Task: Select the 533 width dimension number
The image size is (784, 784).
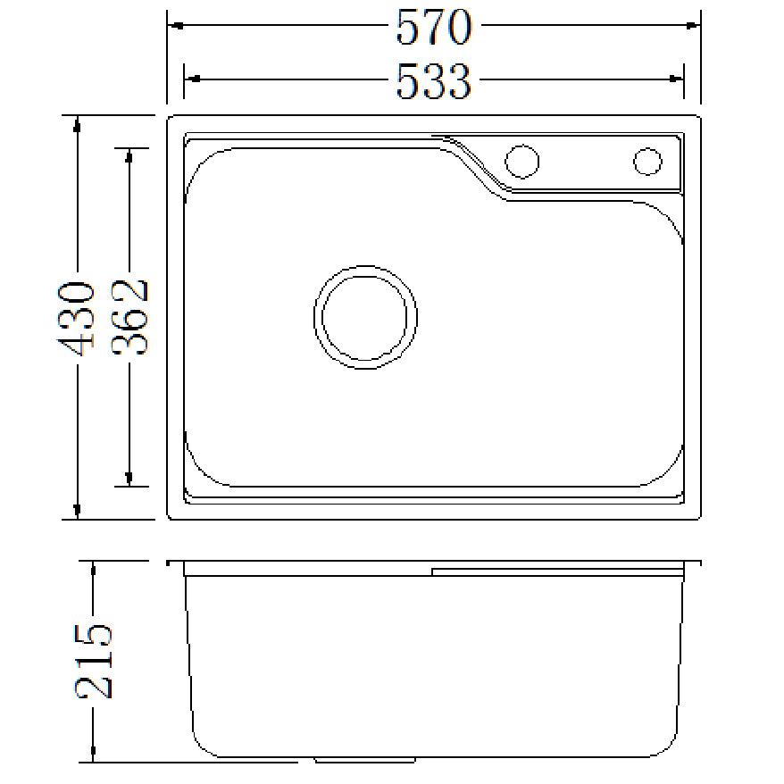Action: point(433,82)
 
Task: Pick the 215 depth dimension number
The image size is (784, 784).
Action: point(93,661)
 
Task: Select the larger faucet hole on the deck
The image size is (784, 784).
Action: point(521,162)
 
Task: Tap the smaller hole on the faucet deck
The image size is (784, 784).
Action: point(647,162)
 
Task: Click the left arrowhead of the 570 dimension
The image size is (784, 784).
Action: point(176,25)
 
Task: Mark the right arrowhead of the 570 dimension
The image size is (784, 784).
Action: point(693,25)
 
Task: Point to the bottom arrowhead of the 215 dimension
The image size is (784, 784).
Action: point(93,755)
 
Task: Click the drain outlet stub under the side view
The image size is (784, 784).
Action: point(364,761)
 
